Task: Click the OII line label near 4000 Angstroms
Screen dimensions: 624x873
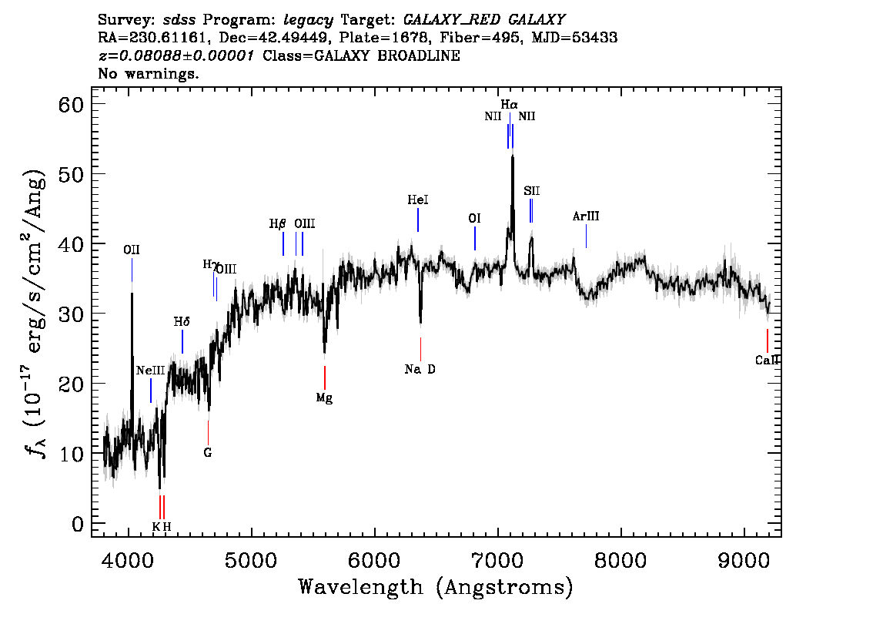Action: click(132, 250)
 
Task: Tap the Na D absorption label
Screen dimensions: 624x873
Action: click(420, 369)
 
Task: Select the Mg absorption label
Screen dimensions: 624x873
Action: click(324, 398)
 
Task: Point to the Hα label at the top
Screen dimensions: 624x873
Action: click(509, 104)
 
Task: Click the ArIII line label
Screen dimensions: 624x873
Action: click(586, 216)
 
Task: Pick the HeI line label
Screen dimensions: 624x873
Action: click(418, 200)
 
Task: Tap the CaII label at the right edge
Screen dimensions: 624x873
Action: click(767, 360)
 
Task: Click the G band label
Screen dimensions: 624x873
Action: click(208, 452)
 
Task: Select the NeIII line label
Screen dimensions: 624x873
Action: click(151, 371)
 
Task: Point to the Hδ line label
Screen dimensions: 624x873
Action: click(182, 322)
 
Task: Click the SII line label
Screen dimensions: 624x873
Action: click(531, 190)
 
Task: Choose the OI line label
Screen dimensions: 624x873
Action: click(475, 219)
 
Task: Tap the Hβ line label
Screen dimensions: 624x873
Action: click(277, 224)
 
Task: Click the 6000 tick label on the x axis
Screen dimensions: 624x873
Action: click(375, 557)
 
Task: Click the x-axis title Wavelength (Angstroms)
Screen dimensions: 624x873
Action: click(436, 588)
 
